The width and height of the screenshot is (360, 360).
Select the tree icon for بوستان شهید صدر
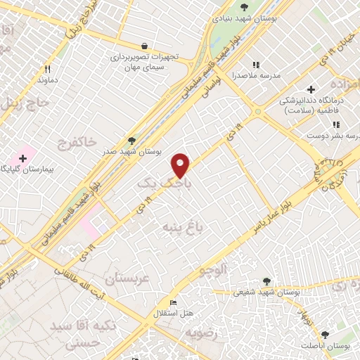131,141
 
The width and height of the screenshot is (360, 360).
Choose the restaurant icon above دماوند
48,69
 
